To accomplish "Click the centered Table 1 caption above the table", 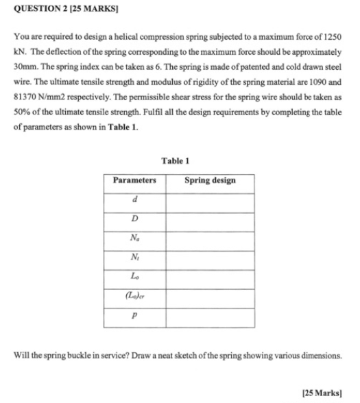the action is (x=176, y=160).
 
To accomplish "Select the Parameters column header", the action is (x=134, y=180).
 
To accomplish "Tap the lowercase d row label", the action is (x=134, y=200).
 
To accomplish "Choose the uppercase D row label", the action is (x=134, y=219).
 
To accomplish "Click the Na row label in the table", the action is (x=134, y=239).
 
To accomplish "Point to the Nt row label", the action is (x=134, y=258).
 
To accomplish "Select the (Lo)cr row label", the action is (x=134, y=297).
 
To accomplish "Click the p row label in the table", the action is (x=134, y=317).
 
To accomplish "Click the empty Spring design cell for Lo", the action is (x=209, y=278).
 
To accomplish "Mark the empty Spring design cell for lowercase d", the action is (x=209, y=200).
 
